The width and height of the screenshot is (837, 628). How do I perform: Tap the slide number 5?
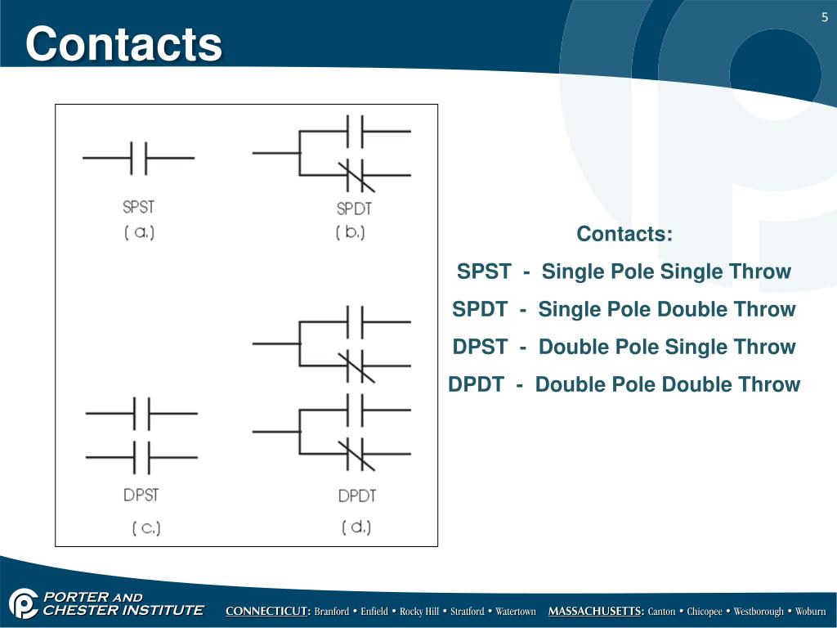(x=825, y=19)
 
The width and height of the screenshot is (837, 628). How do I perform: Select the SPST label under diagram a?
(x=138, y=207)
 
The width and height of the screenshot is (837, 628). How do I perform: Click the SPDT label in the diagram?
(x=354, y=209)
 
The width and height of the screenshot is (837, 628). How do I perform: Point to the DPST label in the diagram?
(x=141, y=495)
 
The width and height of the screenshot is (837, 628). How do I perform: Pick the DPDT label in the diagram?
(x=356, y=496)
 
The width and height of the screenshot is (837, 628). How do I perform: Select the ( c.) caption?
(x=146, y=527)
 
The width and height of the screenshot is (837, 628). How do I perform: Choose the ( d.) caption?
(x=356, y=527)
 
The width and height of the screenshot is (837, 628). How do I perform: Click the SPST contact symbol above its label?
(x=139, y=157)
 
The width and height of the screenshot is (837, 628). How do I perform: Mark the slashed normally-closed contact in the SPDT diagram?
(x=356, y=174)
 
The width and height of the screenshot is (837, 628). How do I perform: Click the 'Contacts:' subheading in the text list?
(x=624, y=234)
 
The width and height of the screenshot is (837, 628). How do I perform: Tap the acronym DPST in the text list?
(x=480, y=348)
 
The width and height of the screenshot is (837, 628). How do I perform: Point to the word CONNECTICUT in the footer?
(x=268, y=612)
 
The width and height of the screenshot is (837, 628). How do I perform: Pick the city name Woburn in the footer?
(x=811, y=612)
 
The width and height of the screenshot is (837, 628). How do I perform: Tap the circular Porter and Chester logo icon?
(x=24, y=604)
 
